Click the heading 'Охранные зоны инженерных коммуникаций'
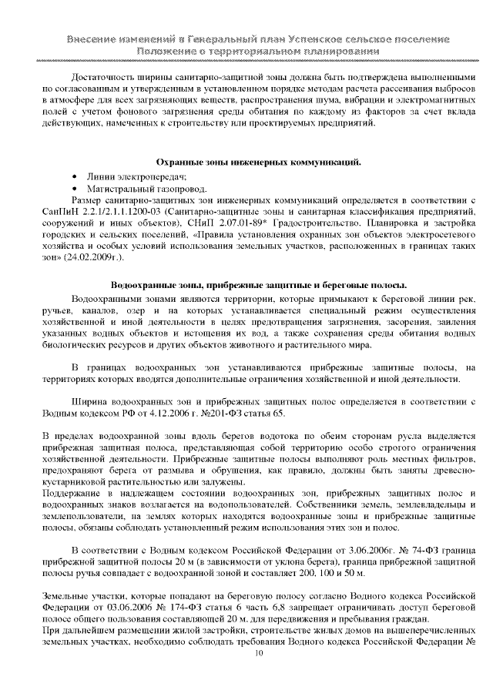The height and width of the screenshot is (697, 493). point(258,163)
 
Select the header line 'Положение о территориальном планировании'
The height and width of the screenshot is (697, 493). point(258,51)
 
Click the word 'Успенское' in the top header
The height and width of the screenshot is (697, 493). point(322,39)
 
